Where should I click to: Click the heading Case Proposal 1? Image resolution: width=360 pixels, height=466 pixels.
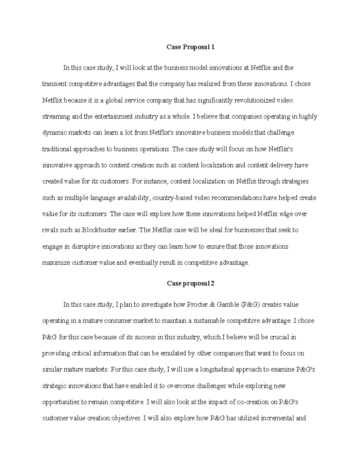click(190, 47)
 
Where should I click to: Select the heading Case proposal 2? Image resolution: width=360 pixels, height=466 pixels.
click(190, 284)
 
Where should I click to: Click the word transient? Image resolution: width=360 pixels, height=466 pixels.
click(54, 84)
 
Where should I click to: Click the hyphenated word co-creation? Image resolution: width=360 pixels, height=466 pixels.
click(253, 402)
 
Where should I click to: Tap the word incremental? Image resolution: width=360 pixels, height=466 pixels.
click(278, 418)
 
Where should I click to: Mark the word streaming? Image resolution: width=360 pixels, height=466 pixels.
click(56, 116)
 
